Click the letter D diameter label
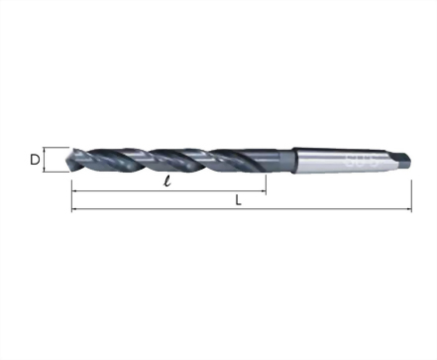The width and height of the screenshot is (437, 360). tap(34, 158)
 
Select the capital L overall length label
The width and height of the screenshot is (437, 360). tap(240, 200)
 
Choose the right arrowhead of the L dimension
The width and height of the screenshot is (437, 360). tap(408, 210)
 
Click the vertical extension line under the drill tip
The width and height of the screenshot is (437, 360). tap(71, 188)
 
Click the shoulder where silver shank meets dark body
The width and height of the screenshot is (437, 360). tap(296, 157)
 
